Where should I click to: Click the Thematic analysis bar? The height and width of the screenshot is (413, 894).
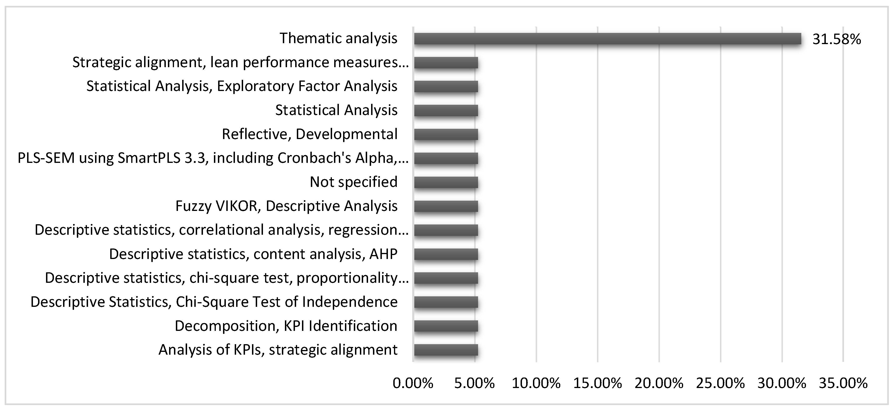click(x=607, y=39)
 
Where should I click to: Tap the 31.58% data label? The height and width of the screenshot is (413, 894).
click(x=836, y=39)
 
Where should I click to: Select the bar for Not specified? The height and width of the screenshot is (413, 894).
click(x=446, y=182)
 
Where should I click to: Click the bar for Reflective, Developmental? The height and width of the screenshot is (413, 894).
click(x=446, y=135)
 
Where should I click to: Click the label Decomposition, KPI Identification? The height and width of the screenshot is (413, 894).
click(x=286, y=326)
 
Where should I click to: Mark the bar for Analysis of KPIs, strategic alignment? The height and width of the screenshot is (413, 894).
click(x=446, y=350)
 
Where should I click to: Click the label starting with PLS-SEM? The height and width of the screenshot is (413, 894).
click(x=213, y=158)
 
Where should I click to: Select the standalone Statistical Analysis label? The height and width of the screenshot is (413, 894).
click(x=336, y=110)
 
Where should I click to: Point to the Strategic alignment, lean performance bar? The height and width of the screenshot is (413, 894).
click(x=446, y=63)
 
